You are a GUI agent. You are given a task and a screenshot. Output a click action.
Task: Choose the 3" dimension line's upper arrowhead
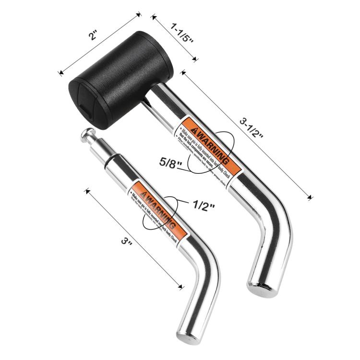pyautogui.click(x=87, y=191)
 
